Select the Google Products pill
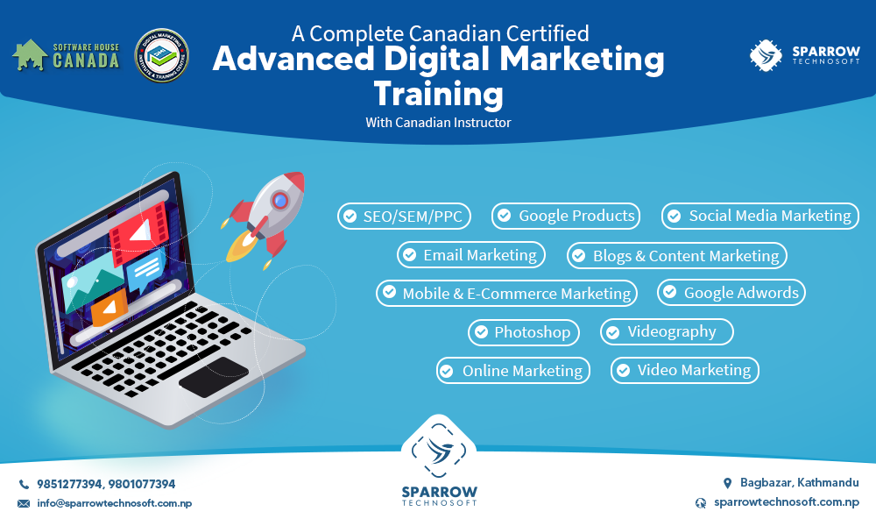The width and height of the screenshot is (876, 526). coord(566,216)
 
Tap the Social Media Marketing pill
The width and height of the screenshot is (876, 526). coord(759,216)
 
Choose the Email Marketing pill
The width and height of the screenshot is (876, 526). coord(470,255)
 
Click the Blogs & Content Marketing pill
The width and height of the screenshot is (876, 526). coord(676,256)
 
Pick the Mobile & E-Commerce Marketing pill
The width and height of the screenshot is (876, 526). coord(506,294)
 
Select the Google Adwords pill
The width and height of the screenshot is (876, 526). coord(731,293)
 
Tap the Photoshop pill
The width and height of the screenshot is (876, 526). coord(523,332)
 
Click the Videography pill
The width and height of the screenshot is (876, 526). coord(666,331)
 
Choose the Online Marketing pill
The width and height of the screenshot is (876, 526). coord(512,371)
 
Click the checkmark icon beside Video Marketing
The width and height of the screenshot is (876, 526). coord(623,371)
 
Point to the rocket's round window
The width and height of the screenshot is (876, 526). coord(280,201)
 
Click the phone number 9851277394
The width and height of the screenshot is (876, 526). coord(71,484)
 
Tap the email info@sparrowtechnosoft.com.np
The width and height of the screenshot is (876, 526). coord(114,503)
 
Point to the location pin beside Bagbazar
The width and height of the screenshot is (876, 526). coord(727,483)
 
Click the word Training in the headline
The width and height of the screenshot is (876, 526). coord(438,92)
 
